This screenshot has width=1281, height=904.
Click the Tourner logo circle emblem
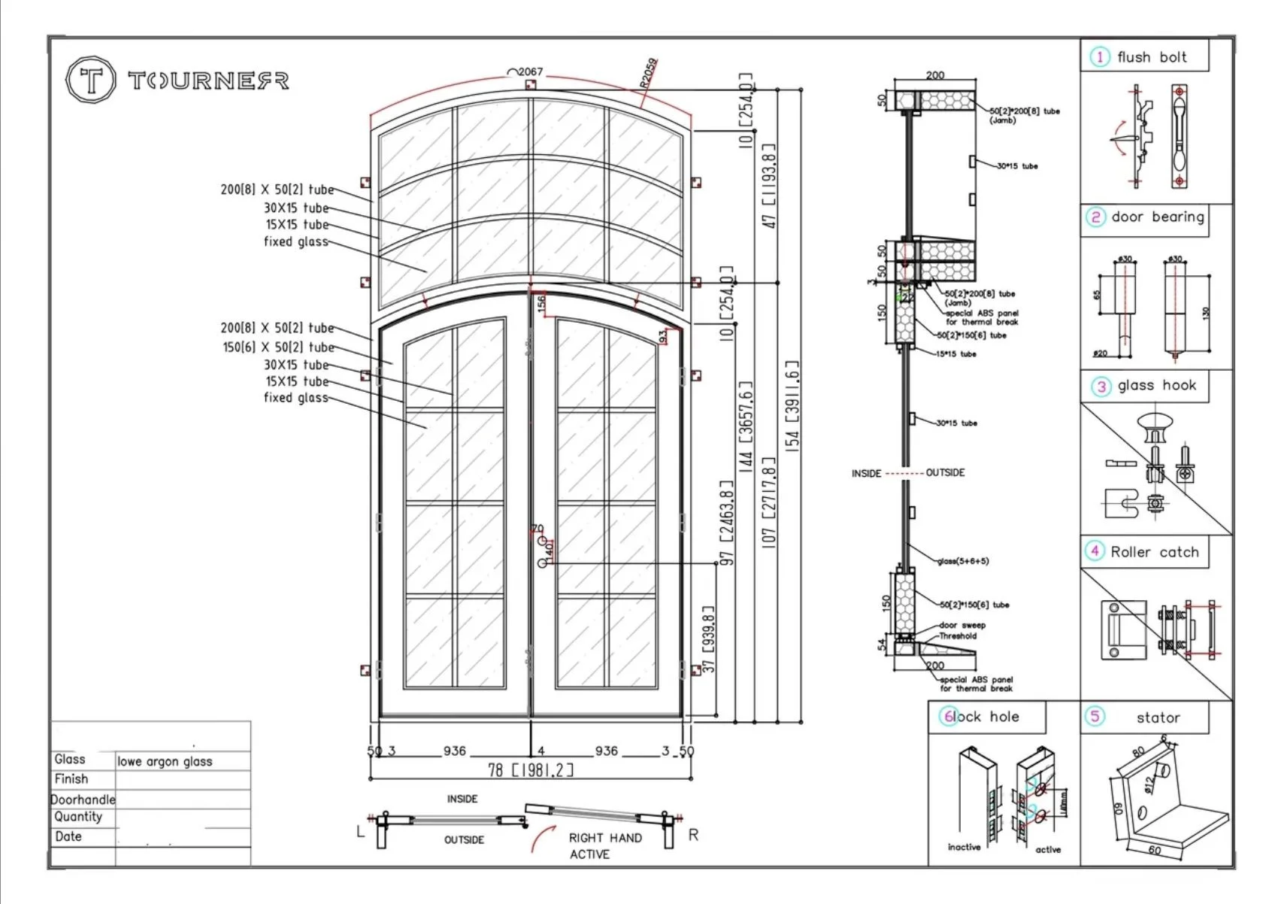point(91,80)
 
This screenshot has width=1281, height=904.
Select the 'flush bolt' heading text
point(1151,57)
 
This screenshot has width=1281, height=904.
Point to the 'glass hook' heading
point(1156,386)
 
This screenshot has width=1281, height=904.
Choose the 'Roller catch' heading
point(1154,552)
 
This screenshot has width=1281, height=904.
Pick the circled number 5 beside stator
point(1095,716)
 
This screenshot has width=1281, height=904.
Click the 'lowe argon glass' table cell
point(165,761)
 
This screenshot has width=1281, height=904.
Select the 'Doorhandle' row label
point(83,799)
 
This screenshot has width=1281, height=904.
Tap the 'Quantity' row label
point(77,817)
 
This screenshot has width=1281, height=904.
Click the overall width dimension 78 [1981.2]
point(531,769)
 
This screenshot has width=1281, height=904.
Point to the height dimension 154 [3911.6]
point(792,403)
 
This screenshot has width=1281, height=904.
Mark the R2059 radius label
point(649,73)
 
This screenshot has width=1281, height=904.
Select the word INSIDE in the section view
point(866,473)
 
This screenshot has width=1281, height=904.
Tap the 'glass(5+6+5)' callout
point(963,561)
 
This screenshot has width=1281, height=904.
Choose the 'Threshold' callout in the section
point(958,636)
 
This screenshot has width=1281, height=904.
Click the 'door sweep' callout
point(962,625)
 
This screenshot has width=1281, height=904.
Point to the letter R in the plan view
point(693,835)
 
